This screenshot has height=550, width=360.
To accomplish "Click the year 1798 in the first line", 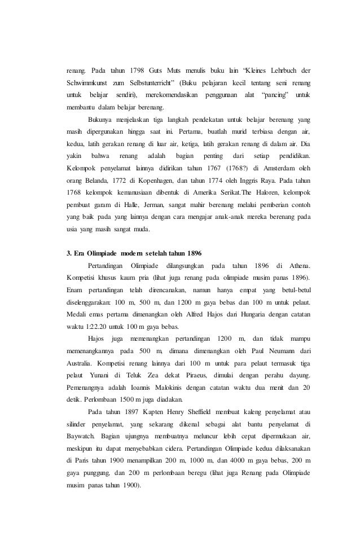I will pos(139,71).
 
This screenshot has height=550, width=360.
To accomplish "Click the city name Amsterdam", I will pos(283,168).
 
